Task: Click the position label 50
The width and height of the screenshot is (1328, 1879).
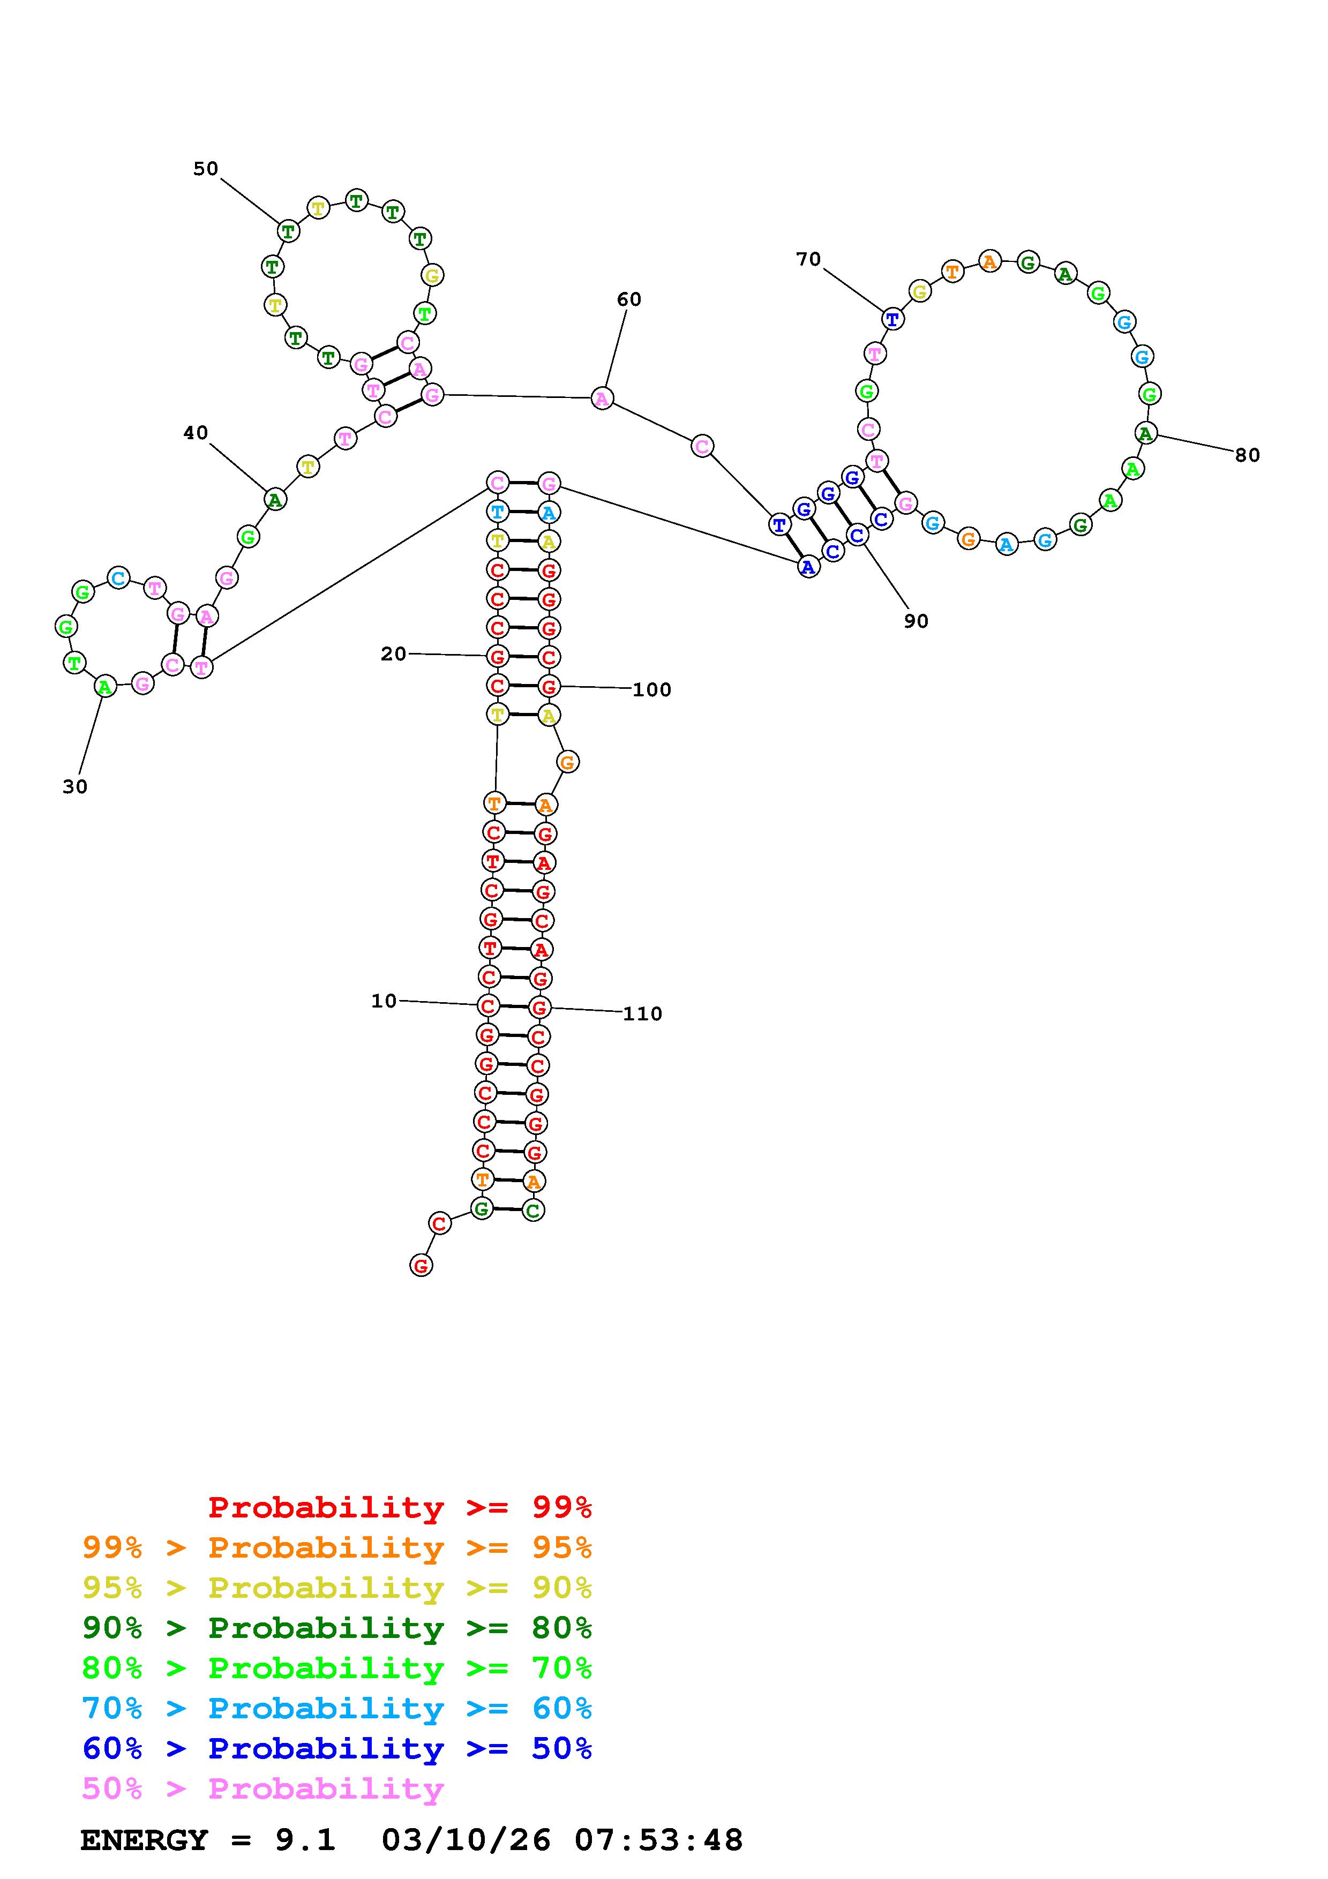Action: (x=205, y=169)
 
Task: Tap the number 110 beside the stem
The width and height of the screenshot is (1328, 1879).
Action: (x=642, y=1014)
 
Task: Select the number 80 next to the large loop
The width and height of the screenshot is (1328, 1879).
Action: (x=1247, y=455)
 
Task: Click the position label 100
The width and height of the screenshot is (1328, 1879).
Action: (x=651, y=690)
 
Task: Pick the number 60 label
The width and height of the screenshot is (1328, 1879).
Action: (x=628, y=299)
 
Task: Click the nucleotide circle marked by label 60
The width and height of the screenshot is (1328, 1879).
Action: (x=602, y=399)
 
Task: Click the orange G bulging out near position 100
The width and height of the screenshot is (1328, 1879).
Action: (x=567, y=762)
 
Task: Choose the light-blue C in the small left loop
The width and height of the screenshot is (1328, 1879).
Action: (x=118, y=578)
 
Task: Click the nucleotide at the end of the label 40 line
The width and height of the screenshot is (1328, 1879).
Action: (x=276, y=499)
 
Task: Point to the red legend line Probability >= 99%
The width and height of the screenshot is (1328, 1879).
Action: (x=399, y=1507)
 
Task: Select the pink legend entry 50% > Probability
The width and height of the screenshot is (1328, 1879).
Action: (x=262, y=1789)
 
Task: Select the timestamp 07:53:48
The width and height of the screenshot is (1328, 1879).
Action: (x=659, y=1840)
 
